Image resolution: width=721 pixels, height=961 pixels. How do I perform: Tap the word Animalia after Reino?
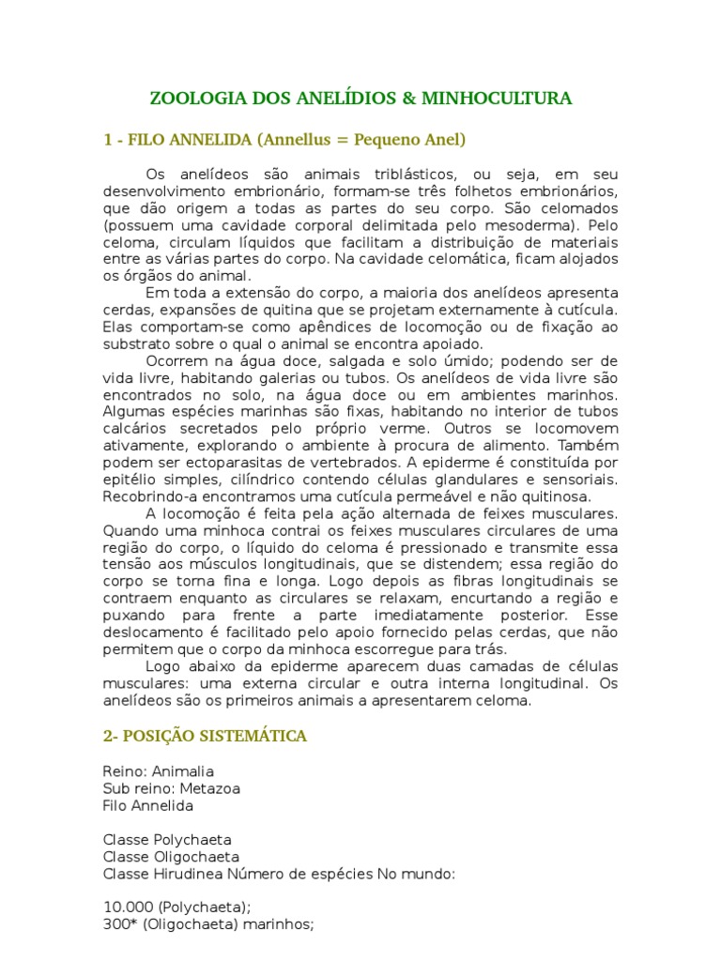click(183, 772)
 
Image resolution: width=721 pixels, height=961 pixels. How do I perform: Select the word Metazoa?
click(209, 789)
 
